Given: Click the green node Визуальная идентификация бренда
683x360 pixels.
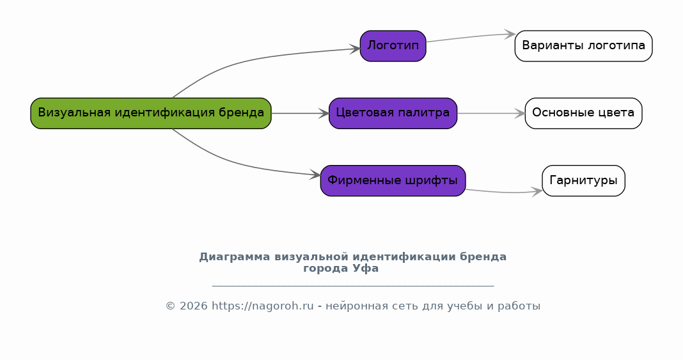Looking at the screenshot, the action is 151,113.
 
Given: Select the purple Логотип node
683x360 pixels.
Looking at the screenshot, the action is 393,45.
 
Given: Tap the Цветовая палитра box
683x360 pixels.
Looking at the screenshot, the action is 393,113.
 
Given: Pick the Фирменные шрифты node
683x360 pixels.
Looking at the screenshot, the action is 393,181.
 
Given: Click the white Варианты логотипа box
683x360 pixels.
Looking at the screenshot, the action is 584,45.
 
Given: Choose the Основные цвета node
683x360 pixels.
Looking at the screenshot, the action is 584,113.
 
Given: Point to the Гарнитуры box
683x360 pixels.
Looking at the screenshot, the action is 584,181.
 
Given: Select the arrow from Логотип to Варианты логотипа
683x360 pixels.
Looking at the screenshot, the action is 471,37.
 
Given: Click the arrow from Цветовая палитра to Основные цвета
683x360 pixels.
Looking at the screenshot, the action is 491,113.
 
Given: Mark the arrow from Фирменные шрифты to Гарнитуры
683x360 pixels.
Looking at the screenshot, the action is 504,192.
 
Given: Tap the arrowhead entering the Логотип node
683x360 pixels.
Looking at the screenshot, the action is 355,49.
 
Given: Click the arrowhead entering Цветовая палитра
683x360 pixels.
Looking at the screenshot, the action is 324,113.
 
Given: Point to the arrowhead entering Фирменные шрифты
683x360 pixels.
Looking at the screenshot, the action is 315,175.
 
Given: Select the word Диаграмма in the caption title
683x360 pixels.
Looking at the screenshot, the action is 234,257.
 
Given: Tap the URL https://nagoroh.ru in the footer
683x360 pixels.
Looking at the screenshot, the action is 263,306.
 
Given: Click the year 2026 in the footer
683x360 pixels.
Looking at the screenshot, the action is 193,306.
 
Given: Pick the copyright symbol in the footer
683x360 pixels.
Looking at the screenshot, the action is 170,306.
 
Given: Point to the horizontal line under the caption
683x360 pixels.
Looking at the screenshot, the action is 353,286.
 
